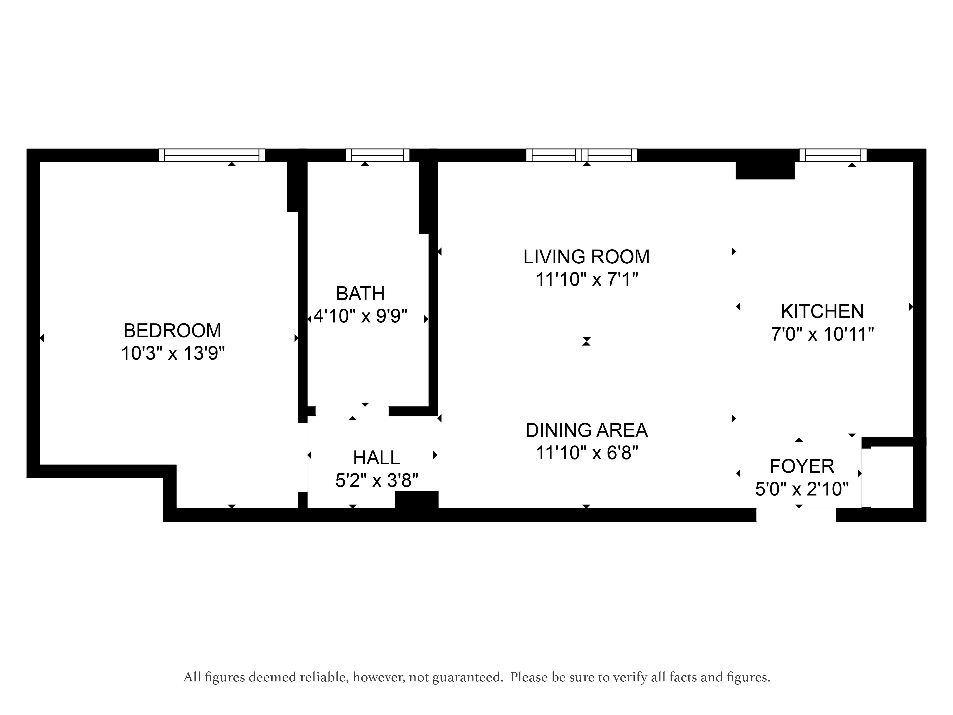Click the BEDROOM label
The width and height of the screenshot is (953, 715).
click(172, 331)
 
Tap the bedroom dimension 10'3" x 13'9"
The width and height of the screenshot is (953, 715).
click(173, 354)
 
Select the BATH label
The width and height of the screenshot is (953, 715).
click(360, 294)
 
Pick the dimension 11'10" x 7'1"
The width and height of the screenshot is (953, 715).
click(586, 280)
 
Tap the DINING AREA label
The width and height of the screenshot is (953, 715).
click(586, 431)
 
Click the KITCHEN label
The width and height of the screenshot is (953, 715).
click(822, 312)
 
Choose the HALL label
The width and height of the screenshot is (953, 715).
click(376, 458)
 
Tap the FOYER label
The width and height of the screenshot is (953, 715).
click(802, 466)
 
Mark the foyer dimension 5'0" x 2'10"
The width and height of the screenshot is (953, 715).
click(802, 489)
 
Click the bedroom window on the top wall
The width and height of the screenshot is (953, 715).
click(212, 155)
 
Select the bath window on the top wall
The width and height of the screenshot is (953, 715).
click(377, 155)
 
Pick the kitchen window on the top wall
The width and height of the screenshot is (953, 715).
click(833, 155)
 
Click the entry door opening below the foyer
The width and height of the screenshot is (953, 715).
click(796, 515)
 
